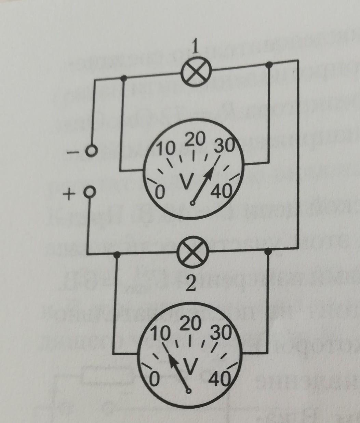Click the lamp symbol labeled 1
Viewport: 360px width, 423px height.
pos(196,72)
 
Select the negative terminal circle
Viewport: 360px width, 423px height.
pos(91,151)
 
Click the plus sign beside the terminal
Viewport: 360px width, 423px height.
pos(69,195)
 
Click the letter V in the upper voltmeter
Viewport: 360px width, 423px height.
pos(187,181)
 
